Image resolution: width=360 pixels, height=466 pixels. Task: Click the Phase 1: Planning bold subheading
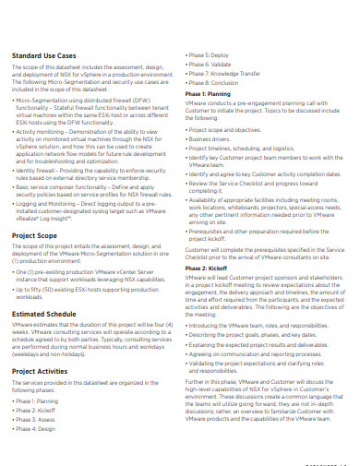click(209, 93)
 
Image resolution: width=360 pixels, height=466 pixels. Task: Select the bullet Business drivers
click(213, 137)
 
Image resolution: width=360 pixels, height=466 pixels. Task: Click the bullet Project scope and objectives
click(228, 129)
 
